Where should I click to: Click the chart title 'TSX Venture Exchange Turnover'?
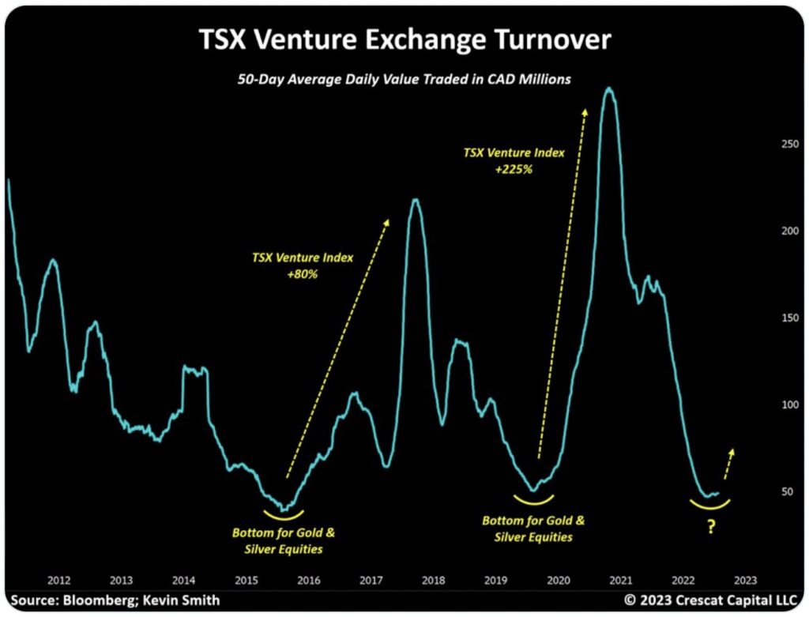coord(404,38)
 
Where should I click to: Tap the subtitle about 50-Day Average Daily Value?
coord(404,80)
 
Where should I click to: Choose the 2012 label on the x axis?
coord(59,578)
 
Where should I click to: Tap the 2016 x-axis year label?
coord(308,578)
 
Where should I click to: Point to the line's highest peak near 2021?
coord(608,88)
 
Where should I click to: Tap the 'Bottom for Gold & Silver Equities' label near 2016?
coord(288,540)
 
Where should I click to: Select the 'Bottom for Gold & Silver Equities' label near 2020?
coord(534,529)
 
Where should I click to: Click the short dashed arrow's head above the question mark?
coord(732,451)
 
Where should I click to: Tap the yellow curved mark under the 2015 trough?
coord(282,516)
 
